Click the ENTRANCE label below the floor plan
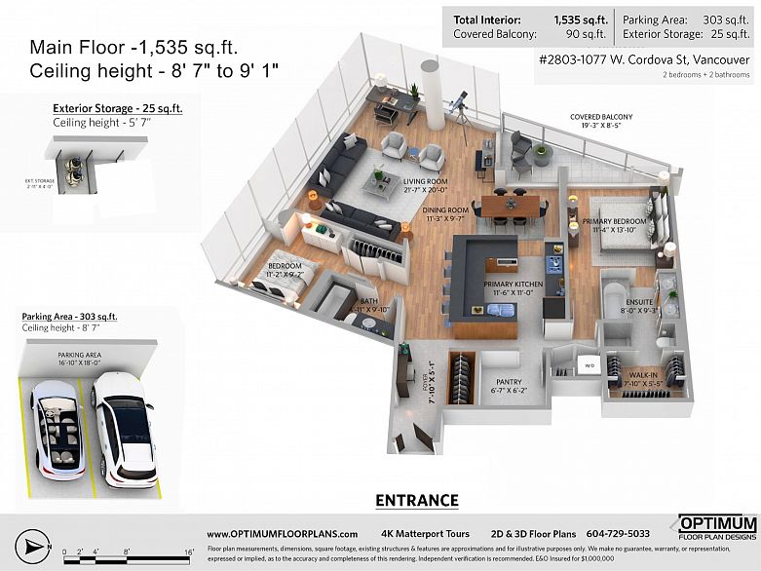[416, 501]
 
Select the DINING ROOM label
[444, 212]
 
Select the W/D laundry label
[589, 366]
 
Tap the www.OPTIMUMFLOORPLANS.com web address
[282, 534]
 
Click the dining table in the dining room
[510, 206]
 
